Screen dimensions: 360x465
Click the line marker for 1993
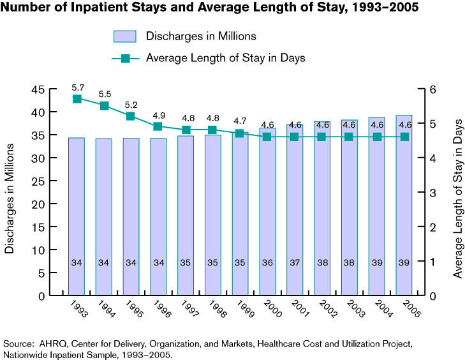pos(77,99)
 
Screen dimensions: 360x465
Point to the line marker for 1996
pos(159,126)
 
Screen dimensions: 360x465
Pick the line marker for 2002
pos(322,137)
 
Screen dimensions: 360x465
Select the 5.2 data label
pos(131,104)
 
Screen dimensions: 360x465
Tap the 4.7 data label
pos(240,121)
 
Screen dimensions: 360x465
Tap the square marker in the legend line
pos(125,58)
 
